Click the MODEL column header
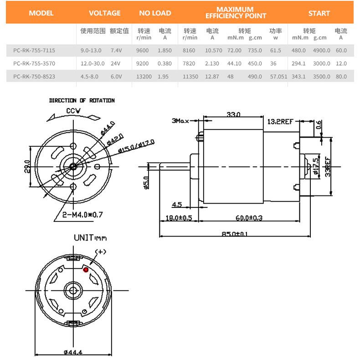tap(41, 13)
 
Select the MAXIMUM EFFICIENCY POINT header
tap(236, 13)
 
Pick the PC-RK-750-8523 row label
tap(34, 77)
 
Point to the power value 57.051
tap(278, 77)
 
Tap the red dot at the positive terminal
tap(86, 269)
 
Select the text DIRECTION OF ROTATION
tap(82, 100)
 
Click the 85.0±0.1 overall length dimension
tap(235, 234)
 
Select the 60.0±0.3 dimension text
tap(249, 218)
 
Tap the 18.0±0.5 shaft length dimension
tap(179, 218)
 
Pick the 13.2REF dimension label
tap(280, 121)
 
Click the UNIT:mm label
tap(90, 237)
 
